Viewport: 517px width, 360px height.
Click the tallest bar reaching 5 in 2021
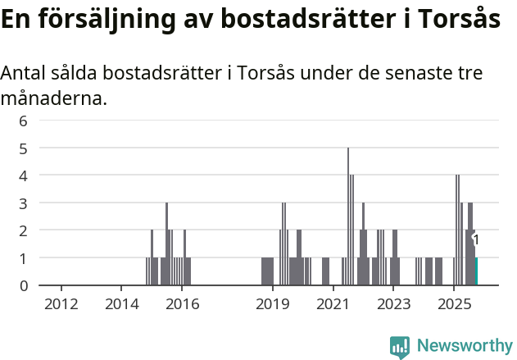coord(348,216)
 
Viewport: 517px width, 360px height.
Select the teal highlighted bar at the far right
coord(476,271)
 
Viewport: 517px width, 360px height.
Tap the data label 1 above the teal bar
coord(476,240)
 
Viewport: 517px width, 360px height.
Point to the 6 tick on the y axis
coord(24,121)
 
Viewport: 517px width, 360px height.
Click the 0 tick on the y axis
coord(24,285)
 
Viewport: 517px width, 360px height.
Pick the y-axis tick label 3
coord(24,203)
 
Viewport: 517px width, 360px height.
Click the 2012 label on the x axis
coord(61,305)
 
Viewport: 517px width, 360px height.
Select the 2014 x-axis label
coord(122,305)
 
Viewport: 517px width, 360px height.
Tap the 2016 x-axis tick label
coord(182,305)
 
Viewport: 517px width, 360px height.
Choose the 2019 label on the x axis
coord(273,305)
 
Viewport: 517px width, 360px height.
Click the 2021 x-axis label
coord(333,305)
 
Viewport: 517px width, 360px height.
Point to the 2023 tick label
coord(393,305)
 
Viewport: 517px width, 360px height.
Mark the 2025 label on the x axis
coord(453,305)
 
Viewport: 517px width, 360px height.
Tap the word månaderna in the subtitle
coord(53,99)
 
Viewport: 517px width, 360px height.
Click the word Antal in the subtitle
coord(24,73)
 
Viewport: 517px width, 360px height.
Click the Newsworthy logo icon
coord(400,347)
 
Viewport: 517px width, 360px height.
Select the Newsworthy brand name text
coord(464,347)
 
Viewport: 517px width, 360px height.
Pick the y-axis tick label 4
coord(24,175)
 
